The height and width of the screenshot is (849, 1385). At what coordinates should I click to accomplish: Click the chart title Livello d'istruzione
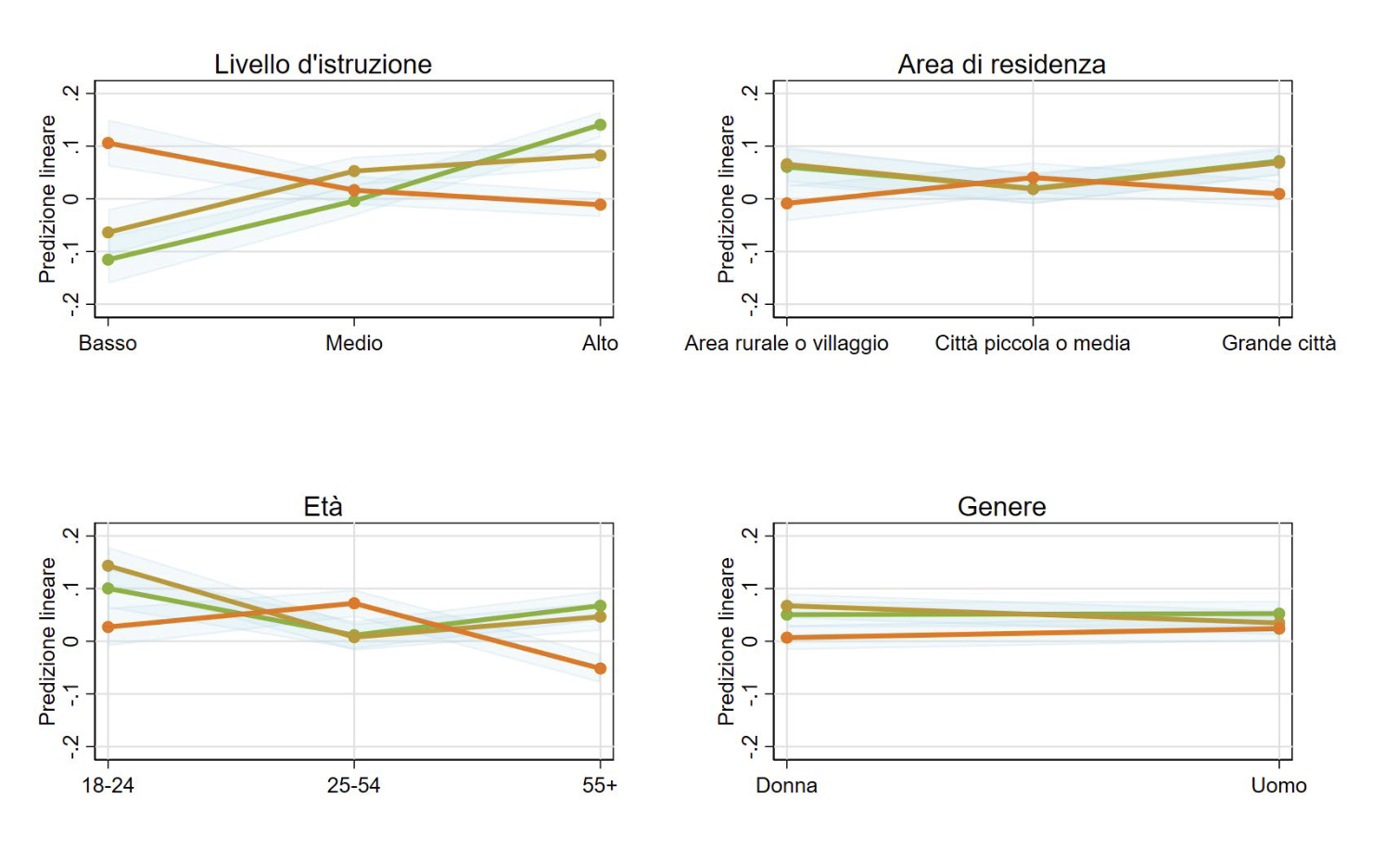point(323,64)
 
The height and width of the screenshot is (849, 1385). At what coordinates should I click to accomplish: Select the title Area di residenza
point(1001,64)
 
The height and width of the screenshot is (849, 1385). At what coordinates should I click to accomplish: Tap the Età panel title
point(323,506)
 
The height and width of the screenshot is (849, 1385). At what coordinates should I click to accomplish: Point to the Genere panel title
point(1001,506)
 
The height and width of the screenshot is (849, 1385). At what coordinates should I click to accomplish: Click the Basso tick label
point(108,343)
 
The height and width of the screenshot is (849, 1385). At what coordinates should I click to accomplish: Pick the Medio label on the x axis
point(354,343)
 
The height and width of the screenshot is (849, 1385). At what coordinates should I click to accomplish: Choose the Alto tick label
point(600,343)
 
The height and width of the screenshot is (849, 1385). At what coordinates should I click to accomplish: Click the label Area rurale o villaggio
point(786,343)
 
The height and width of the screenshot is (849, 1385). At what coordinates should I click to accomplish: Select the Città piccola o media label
point(1032,343)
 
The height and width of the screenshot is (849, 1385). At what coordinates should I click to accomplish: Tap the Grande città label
point(1278,343)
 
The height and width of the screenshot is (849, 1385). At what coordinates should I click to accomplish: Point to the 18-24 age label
point(108,785)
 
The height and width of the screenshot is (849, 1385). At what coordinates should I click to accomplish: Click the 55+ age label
point(600,785)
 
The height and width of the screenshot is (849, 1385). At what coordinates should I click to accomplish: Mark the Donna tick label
point(786,785)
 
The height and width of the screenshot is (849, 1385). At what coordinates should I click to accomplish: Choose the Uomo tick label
point(1278,785)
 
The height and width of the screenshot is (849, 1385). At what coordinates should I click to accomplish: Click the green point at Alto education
point(601,124)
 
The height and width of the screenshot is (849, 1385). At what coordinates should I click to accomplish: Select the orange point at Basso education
point(108,143)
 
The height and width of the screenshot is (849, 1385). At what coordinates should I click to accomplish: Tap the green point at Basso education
point(108,260)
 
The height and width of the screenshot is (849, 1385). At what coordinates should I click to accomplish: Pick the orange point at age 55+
point(601,668)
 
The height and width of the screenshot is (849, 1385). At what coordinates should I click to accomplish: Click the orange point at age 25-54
point(354,603)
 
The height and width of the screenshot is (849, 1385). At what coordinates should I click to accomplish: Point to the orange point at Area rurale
point(787,203)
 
